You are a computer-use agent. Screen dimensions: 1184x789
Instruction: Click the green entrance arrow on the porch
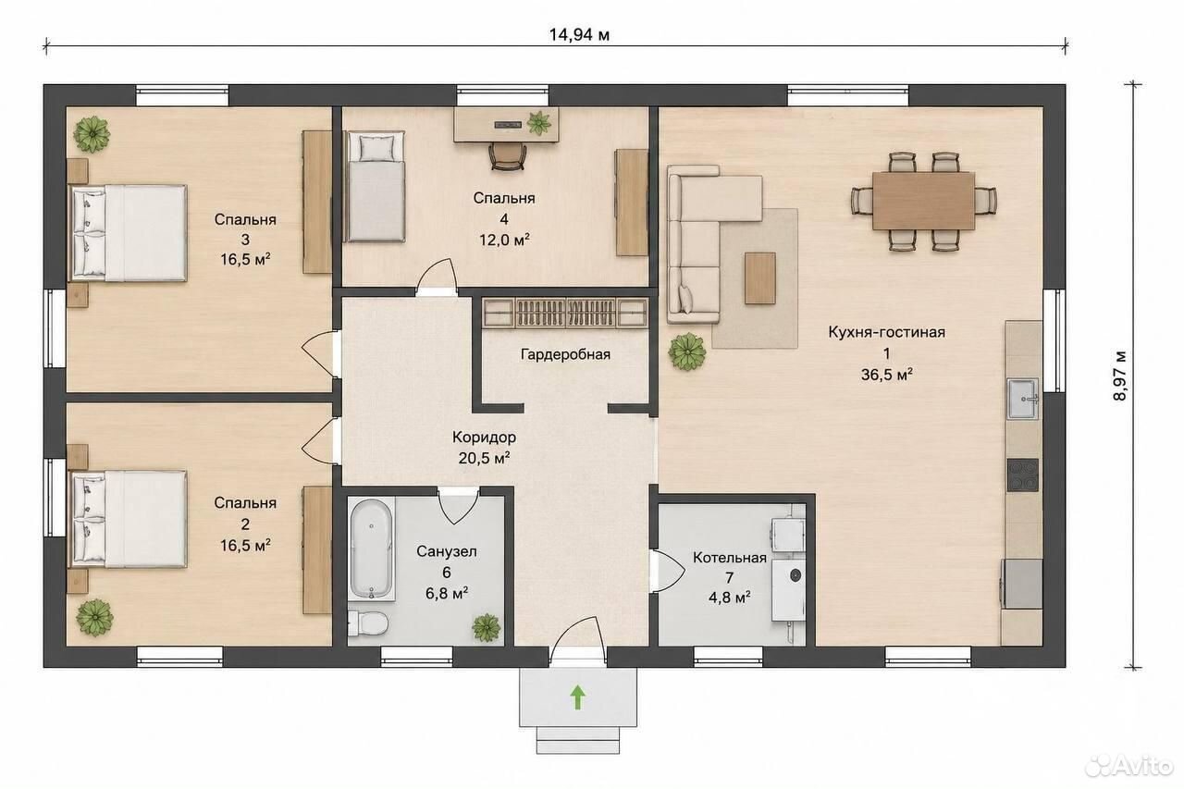pyautogui.click(x=578, y=697)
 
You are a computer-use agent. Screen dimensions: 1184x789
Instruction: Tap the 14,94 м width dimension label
pyautogui.click(x=579, y=35)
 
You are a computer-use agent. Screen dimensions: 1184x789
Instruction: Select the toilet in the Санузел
pyautogui.click(x=368, y=623)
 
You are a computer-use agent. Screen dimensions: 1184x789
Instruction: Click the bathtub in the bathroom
pyautogui.click(x=372, y=549)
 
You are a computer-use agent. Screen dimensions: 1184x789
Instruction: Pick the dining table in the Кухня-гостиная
pyautogui.click(x=924, y=201)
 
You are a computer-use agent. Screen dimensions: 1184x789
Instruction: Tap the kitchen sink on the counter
pyautogui.click(x=1023, y=399)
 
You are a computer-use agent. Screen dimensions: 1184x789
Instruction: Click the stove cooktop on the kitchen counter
pyautogui.click(x=1023, y=475)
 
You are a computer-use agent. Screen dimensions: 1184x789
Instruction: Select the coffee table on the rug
pyautogui.click(x=760, y=278)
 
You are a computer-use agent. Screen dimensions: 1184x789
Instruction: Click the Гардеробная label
pyautogui.click(x=565, y=354)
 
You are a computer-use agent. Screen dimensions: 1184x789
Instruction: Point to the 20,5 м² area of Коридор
pyautogui.click(x=484, y=458)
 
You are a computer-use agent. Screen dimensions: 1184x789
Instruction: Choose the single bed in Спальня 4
pyautogui.click(x=375, y=187)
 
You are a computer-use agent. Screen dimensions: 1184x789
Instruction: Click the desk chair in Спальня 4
pyautogui.click(x=508, y=156)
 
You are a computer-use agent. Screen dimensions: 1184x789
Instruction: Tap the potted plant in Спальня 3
pyautogui.click(x=92, y=134)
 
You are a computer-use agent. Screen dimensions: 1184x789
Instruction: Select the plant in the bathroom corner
pyautogui.click(x=487, y=628)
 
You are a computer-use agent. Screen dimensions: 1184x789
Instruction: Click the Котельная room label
pyautogui.click(x=730, y=558)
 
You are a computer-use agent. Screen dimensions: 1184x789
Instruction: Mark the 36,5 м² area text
pyautogui.click(x=887, y=375)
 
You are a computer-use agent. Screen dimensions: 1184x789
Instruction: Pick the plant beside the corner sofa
pyautogui.click(x=687, y=351)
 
